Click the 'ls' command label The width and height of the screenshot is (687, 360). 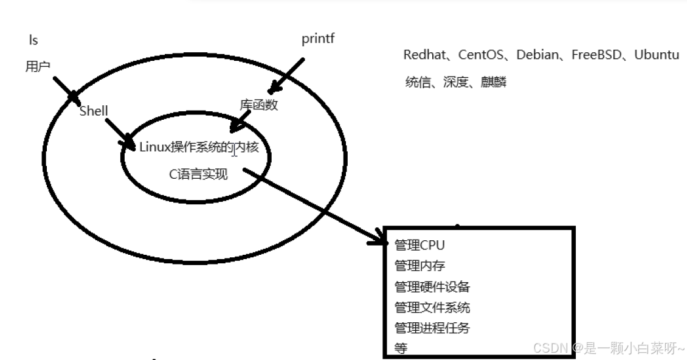point(33,41)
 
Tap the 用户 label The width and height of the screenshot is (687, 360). point(38,67)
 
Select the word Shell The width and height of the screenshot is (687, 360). point(94,111)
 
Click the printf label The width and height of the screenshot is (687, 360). point(318,40)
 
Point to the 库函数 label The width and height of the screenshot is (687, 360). point(258,105)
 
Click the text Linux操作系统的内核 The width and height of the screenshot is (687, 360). point(199,147)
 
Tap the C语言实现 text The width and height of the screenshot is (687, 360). point(198,175)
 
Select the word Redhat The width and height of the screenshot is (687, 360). point(423,55)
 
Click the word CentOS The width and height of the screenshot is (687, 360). point(480,55)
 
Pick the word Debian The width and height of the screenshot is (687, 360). point(537,55)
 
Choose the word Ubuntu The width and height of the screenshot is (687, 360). point(657,55)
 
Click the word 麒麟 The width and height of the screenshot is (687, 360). point(493,82)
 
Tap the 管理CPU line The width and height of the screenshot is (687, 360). point(419,245)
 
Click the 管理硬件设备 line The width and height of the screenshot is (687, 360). point(432,286)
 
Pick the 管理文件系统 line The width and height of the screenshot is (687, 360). point(432,307)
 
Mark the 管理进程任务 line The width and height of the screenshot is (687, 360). point(432,328)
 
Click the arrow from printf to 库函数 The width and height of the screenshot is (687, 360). point(286,75)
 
